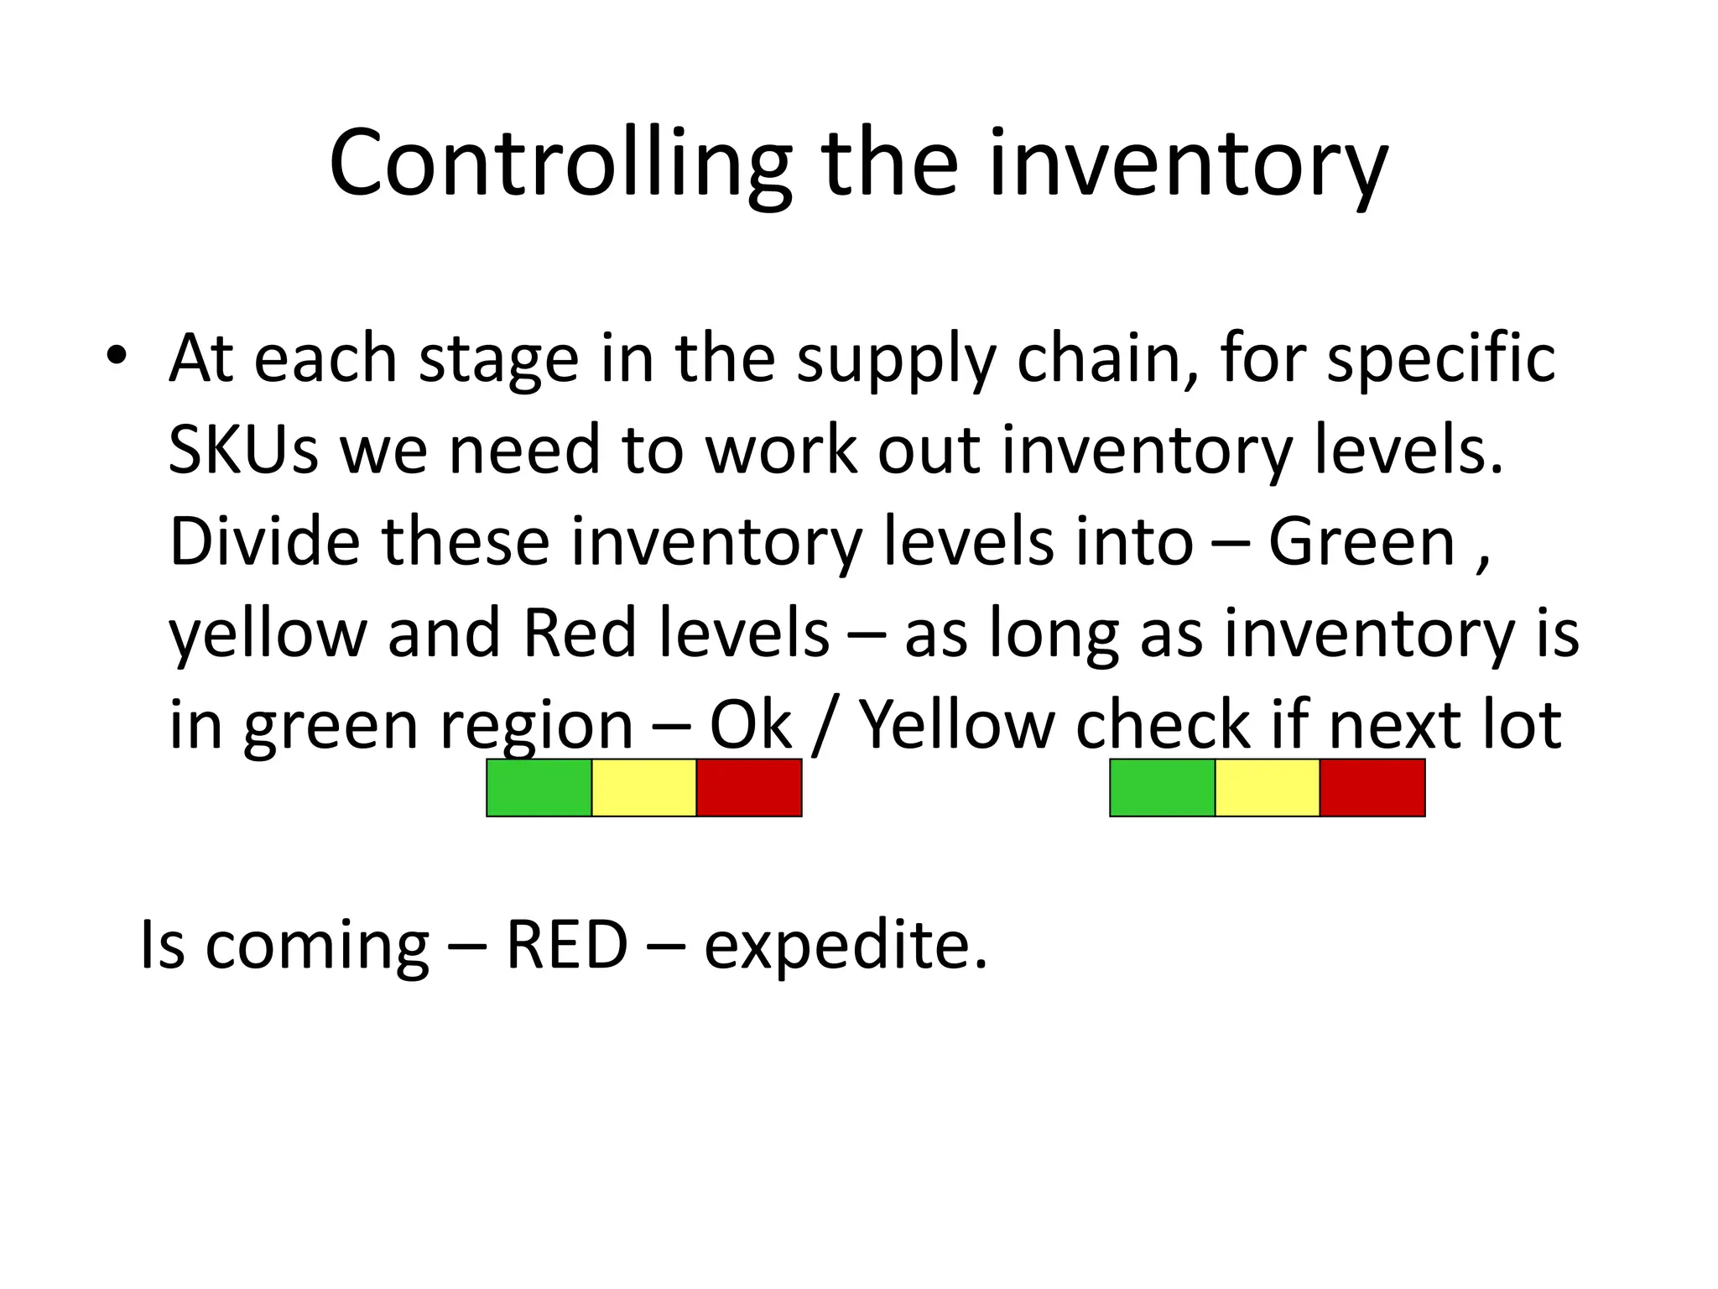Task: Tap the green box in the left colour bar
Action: tap(539, 787)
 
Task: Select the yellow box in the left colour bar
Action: tap(643, 787)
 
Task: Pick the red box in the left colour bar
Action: tap(749, 787)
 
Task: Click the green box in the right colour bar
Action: tap(1162, 787)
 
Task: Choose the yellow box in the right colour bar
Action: tap(1267, 787)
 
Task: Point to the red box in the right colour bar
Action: tap(1372, 787)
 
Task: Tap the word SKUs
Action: tap(243, 450)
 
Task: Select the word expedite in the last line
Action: tap(845, 946)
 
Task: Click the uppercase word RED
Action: tap(567, 946)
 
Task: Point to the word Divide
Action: tap(265, 541)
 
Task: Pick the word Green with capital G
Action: tap(1361, 541)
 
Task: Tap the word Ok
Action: tap(750, 724)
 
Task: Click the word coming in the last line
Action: tap(317, 946)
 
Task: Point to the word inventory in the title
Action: tap(1188, 164)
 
